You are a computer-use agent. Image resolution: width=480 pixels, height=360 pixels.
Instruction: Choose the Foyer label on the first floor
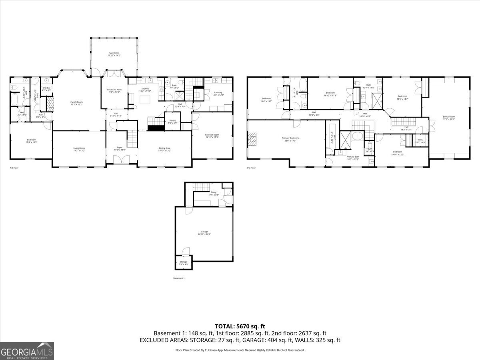pos(120,148)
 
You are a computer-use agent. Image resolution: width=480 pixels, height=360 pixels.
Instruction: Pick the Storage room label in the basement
pos(183,262)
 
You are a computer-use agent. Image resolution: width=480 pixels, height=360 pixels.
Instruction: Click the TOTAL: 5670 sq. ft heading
pos(240,326)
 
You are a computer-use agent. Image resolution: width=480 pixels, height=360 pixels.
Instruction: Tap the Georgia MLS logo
pos(27,351)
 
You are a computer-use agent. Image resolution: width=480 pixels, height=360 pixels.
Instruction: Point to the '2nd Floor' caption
pos(251,168)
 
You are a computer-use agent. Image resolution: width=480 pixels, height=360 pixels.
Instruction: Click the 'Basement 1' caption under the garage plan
pos(179,278)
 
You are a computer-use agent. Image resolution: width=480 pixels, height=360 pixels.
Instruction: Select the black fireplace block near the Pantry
pos(156,128)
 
